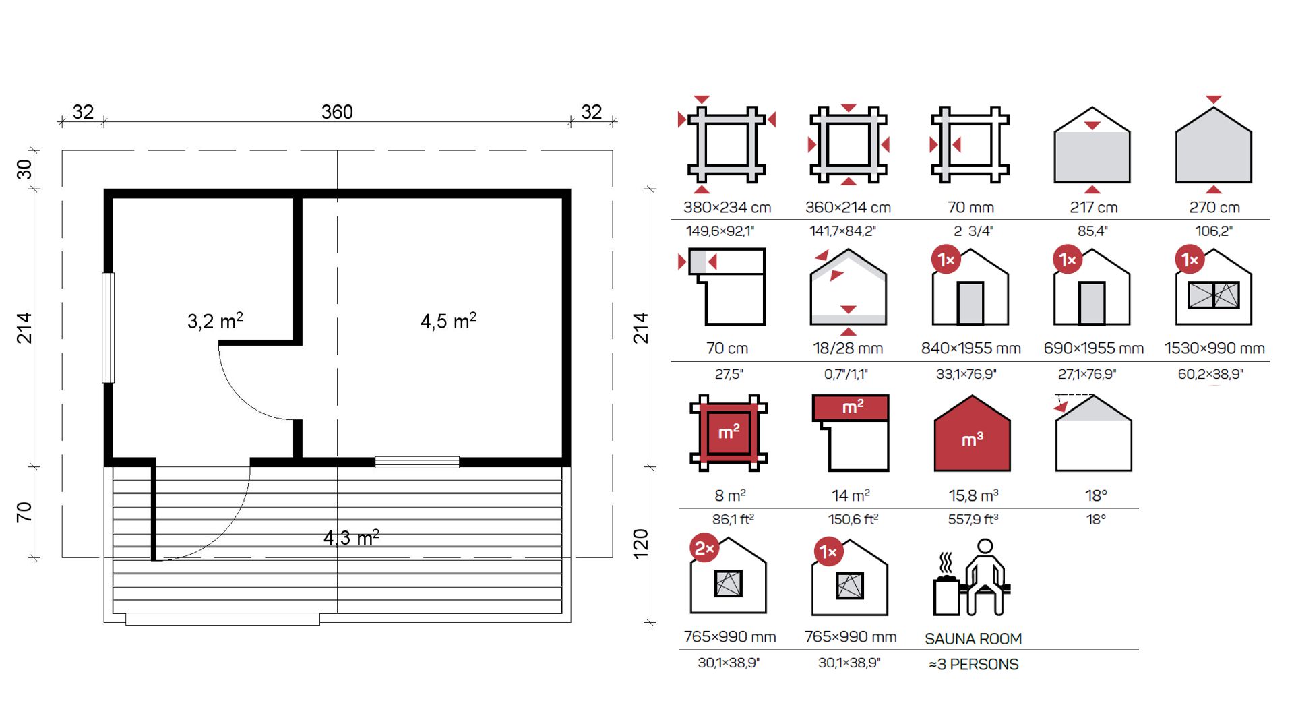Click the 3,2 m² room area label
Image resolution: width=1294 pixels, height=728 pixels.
[215, 321]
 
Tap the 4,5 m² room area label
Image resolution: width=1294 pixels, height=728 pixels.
[448, 321]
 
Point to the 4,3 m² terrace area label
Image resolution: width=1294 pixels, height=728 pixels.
[351, 537]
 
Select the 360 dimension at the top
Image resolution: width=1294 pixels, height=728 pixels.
[337, 112]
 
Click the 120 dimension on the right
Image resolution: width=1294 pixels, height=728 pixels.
[640, 543]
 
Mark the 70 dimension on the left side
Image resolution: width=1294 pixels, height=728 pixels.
[24, 512]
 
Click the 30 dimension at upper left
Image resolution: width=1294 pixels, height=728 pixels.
[24, 169]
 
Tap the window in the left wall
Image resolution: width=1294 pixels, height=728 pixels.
[108, 328]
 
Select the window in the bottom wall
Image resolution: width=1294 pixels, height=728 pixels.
[417, 462]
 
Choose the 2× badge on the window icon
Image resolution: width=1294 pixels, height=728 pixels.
[704, 548]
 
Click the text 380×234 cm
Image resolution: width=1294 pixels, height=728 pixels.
[727, 208]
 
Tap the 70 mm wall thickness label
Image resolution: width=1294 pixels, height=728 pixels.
[970, 208]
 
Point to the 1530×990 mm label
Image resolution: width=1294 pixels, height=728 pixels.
[1214, 348]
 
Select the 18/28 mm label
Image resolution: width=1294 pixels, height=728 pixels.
[848, 348]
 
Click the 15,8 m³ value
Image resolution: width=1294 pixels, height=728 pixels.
[973, 495]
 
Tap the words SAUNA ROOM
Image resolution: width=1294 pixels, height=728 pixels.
[973, 638]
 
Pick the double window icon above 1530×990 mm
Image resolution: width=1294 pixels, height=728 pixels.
[1214, 295]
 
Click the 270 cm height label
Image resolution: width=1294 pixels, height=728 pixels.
[1214, 208]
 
